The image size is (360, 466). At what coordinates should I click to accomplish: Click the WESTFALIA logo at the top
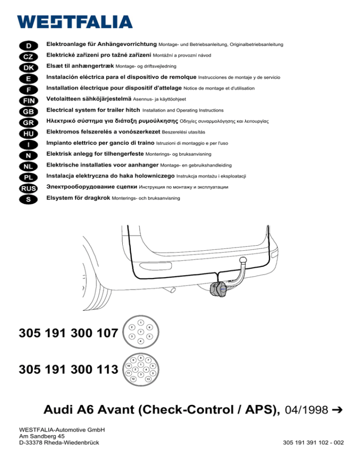point(75,21)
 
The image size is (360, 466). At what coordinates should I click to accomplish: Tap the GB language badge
point(29,111)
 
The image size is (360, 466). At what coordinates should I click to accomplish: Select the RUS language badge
point(29,188)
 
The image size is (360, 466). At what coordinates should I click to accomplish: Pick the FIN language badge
point(29,100)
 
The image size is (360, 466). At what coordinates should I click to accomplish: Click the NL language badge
point(29,166)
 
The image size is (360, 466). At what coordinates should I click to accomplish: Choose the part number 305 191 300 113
point(67,370)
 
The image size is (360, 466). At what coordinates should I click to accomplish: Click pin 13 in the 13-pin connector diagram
point(148,378)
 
